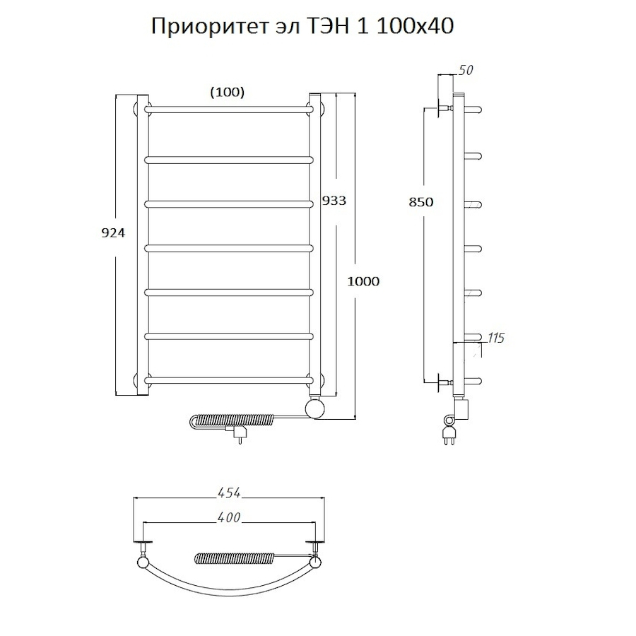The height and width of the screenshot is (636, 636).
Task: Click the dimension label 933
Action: coord(334,200)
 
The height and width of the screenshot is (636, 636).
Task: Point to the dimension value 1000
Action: coord(363,281)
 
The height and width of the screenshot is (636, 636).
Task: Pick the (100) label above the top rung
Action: coord(228,92)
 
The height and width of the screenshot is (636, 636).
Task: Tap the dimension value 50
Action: coord(465,69)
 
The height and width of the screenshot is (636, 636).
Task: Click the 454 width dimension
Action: coord(230,492)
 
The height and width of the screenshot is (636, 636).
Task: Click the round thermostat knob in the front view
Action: coord(315,408)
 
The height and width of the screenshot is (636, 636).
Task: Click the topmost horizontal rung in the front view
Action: coord(230,109)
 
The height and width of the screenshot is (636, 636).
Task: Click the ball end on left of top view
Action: coord(143,563)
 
